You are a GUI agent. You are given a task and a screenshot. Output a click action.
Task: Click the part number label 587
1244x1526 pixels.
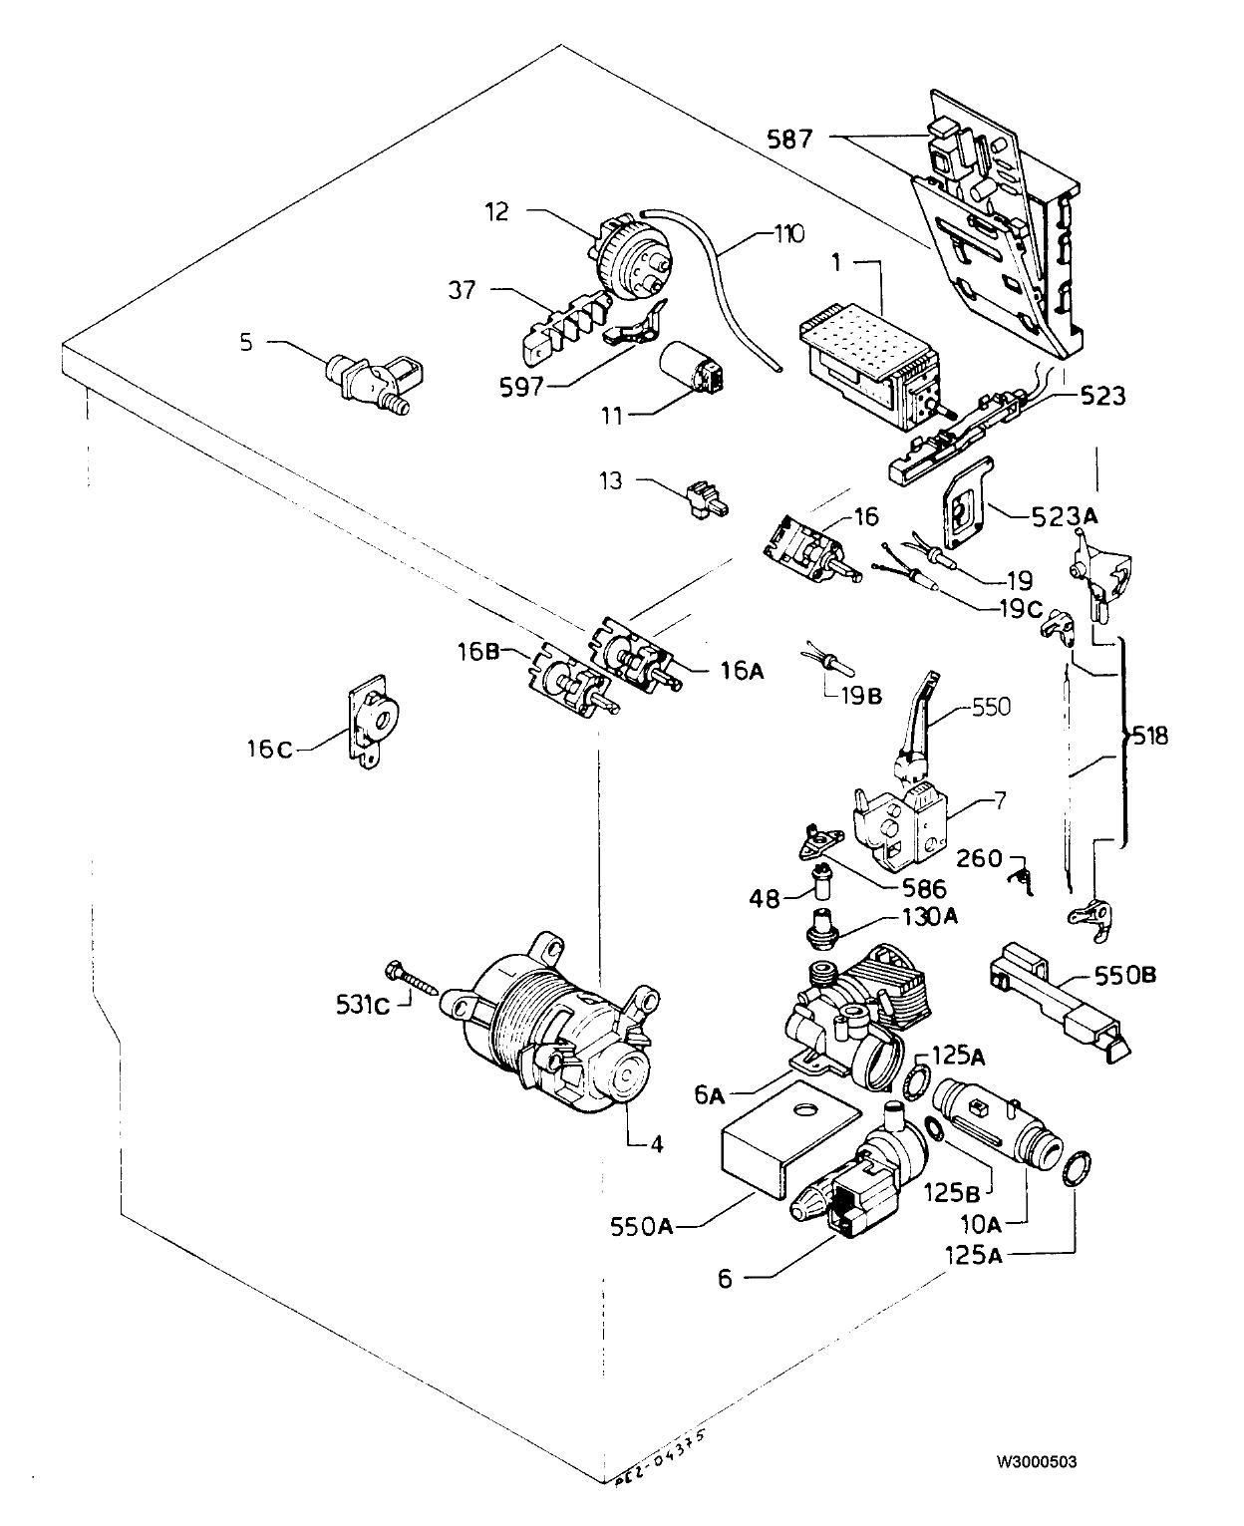click(789, 139)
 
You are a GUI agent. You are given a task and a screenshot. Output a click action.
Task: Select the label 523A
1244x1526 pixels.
click(1065, 516)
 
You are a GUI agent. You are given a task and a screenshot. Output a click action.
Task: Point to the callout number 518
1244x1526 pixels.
click(1148, 736)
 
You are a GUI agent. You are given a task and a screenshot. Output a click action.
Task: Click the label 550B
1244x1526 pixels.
click(1124, 976)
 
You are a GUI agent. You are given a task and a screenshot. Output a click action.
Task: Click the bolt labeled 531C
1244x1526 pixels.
click(417, 977)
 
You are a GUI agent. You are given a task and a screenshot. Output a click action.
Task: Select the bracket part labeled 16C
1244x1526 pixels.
click(373, 720)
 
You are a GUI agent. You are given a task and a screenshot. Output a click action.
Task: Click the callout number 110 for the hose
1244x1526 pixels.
click(789, 234)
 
